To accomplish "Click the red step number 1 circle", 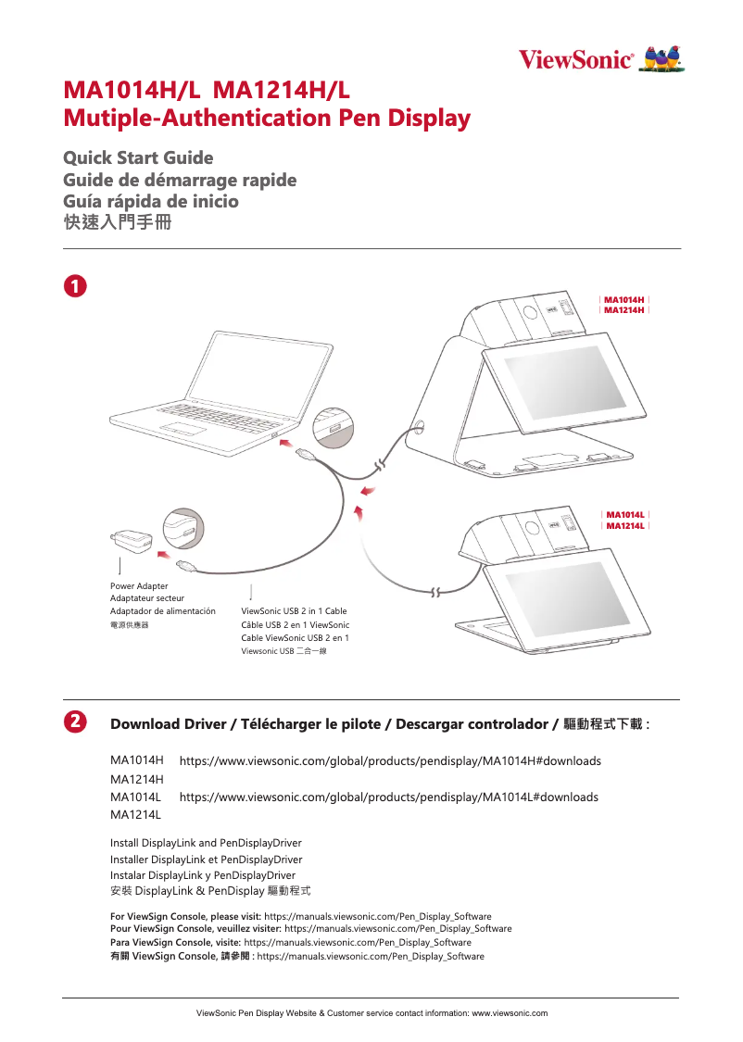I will pyautogui.click(x=75, y=284).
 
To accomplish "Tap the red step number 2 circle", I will pyautogui.click(x=75, y=721).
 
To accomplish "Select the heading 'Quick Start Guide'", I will pyautogui.click(x=138, y=157).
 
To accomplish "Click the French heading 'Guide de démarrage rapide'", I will pyautogui.click(x=180, y=179).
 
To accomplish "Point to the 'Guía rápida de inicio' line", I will pyautogui.click(x=151, y=201).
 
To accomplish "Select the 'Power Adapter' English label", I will pyautogui.click(x=139, y=586).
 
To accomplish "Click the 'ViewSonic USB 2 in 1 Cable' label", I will pyautogui.click(x=294, y=611).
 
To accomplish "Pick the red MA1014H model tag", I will pyautogui.click(x=623, y=299).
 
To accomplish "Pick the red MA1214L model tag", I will pyautogui.click(x=623, y=526).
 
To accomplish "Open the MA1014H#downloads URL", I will pyautogui.click(x=390, y=760).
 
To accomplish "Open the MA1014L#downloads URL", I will pyautogui.click(x=388, y=797).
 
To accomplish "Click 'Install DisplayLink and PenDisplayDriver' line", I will pyautogui.click(x=206, y=843).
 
